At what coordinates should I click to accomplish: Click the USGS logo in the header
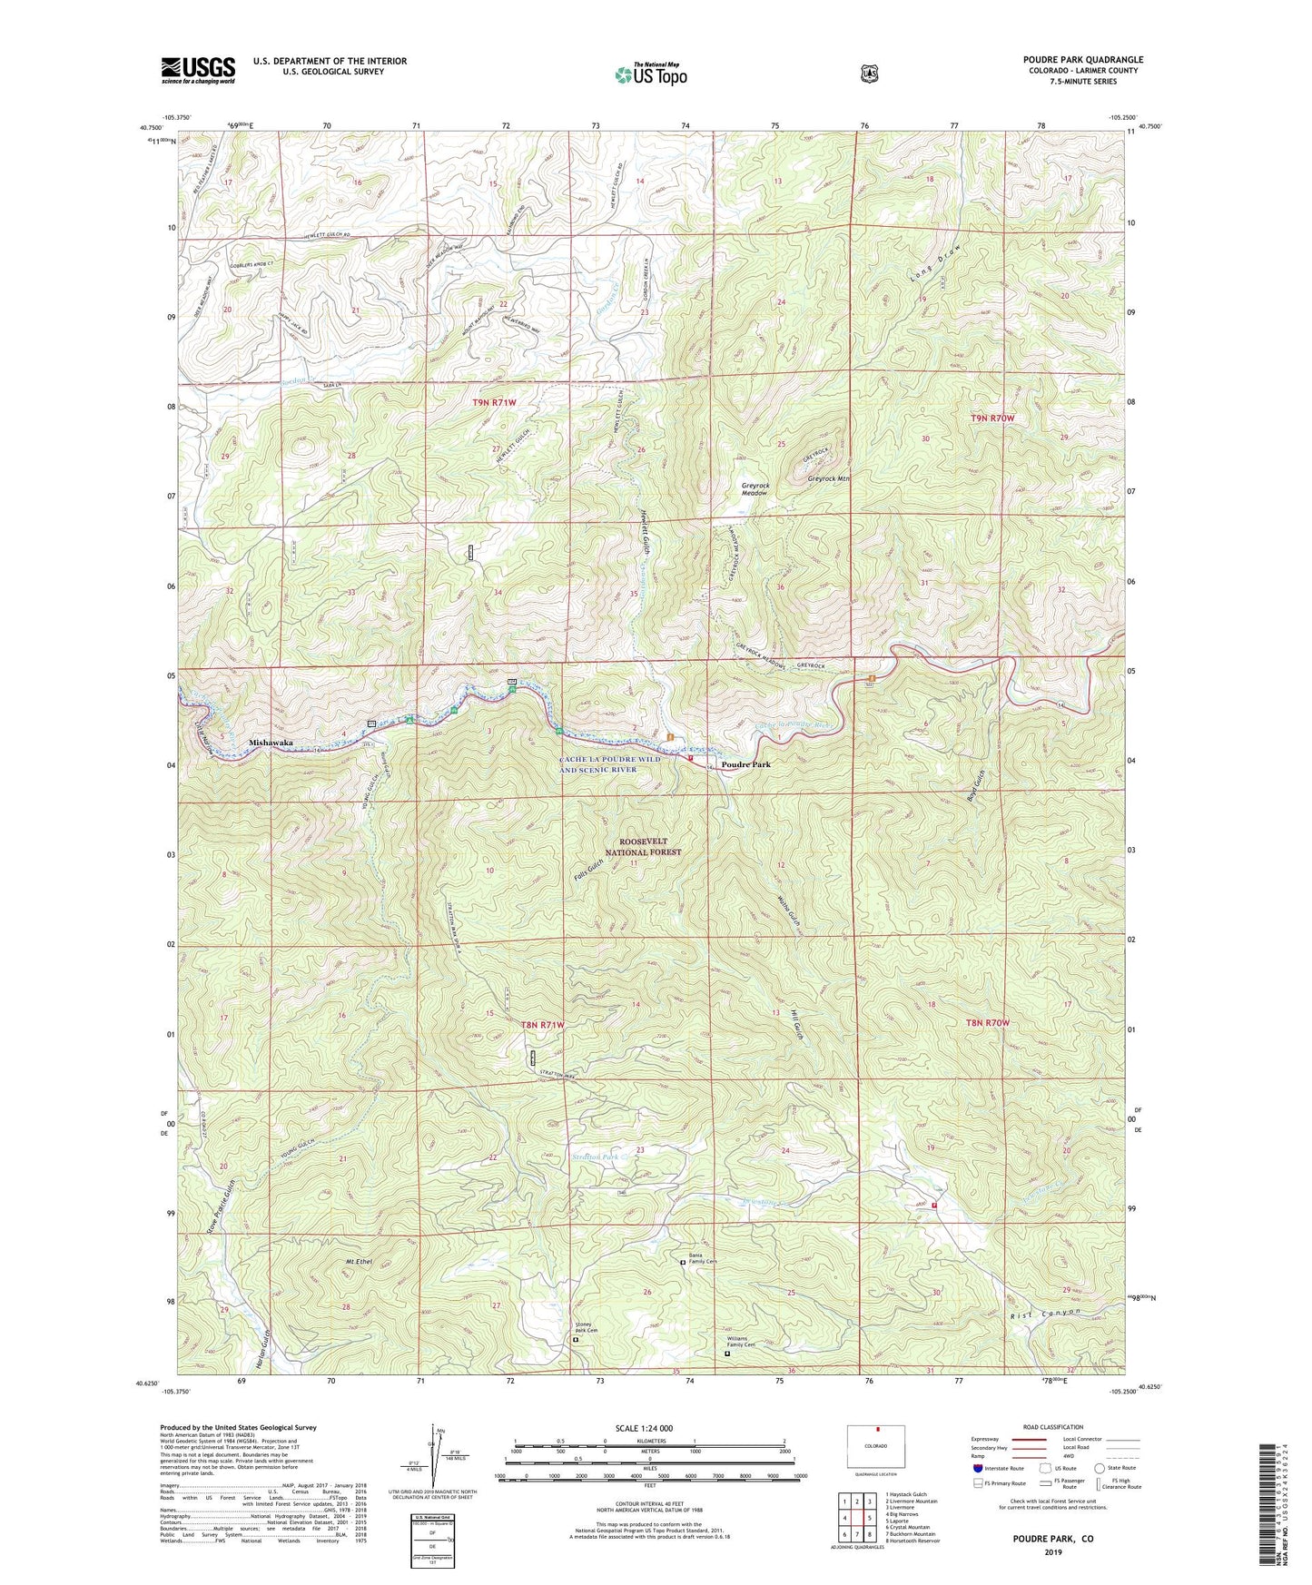tap(198, 70)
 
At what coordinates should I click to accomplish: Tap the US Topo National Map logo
tap(650, 74)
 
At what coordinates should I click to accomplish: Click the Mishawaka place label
tap(271, 743)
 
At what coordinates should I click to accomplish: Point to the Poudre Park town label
tap(745, 764)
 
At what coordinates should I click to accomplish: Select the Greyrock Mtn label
tap(829, 478)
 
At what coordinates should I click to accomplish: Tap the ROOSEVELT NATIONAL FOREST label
tap(643, 847)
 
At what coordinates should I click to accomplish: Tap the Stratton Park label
tap(596, 1157)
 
